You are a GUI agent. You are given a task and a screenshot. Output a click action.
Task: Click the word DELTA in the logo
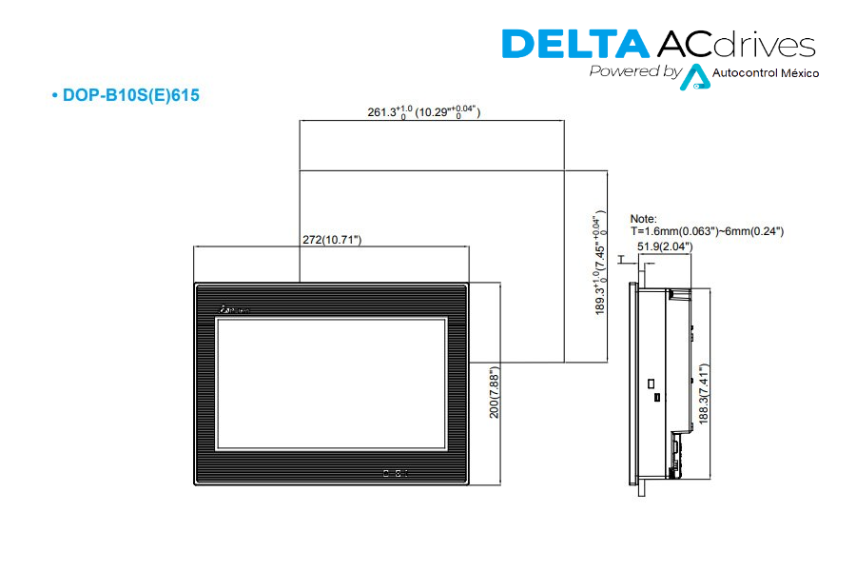[x=573, y=45]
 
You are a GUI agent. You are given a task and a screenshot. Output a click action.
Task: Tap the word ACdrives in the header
[x=734, y=45]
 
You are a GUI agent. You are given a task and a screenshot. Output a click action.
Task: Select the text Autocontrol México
[x=765, y=73]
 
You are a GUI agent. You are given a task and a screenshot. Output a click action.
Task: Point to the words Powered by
[x=634, y=71]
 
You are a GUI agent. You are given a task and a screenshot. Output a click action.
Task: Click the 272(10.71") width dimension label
[x=332, y=240]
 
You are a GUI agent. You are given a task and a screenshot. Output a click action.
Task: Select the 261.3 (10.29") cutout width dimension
[x=424, y=112]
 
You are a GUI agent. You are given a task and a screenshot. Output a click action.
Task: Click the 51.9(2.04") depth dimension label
[x=665, y=246]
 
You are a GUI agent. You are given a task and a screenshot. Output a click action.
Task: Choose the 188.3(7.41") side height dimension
[x=703, y=391]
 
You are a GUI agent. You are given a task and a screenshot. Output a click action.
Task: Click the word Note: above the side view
[x=644, y=219]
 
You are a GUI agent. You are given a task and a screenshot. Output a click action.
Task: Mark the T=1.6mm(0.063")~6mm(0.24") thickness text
[x=707, y=231]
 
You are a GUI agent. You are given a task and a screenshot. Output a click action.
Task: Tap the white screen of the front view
[x=330, y=385]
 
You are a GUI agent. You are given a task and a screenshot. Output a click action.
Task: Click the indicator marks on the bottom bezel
[x=394, y=472]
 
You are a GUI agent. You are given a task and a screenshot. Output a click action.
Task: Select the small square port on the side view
[x=652, y=385]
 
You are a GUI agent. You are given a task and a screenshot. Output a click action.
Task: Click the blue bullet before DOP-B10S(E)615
[x=55, y=96]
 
